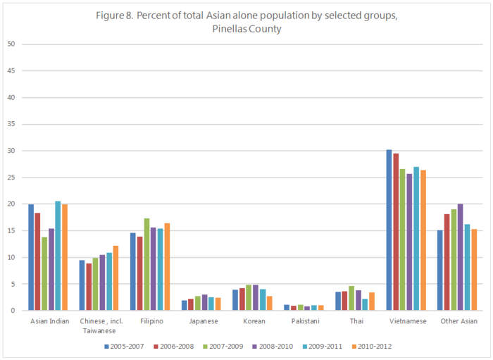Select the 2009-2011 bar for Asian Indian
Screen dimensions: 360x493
58,256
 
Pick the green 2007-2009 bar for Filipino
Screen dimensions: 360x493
146,264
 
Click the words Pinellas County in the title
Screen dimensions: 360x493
246,30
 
